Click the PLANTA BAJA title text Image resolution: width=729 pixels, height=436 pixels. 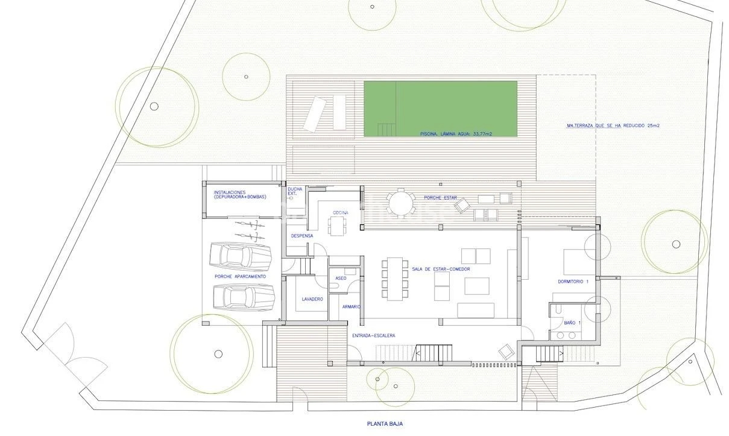coord(385,423)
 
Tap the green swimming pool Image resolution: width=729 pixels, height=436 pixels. coord(440,109)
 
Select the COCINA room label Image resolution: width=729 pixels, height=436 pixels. coord(341,212)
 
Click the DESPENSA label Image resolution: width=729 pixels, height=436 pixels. coord(302,236)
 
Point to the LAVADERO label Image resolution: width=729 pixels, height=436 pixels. coord(312,299)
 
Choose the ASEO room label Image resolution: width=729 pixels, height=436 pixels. coord(341,278)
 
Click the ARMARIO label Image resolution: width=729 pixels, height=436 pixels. coord(352,306)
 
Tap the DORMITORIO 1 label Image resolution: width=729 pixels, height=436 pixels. coord(573,282)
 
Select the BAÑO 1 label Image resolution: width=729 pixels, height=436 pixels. coord(572,323)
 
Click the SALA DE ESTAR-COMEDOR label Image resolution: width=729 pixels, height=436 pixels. coord(441,269)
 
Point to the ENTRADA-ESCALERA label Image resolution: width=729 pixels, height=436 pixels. coord(374,335)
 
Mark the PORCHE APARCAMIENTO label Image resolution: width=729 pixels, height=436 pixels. coord(240,277)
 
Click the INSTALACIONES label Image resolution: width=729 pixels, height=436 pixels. coord(230,192)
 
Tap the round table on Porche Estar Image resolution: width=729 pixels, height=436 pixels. coord(401,204)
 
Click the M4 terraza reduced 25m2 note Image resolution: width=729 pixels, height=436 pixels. coord(613,125)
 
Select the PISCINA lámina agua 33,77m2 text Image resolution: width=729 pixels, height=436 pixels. coord(456,134)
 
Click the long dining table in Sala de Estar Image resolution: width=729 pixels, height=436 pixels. coord(395,279)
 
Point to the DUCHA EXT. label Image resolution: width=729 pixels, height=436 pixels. coord(295,191)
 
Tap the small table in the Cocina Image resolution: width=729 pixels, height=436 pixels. coord(337,226)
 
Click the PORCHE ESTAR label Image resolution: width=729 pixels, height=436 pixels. coord(440,198)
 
